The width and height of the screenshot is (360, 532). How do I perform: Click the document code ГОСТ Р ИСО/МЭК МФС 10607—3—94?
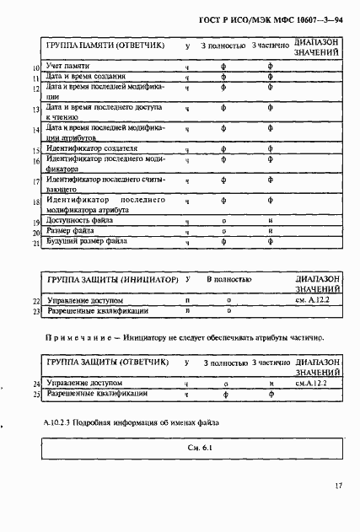click(281, 18)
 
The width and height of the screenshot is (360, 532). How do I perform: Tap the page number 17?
click(336, 486)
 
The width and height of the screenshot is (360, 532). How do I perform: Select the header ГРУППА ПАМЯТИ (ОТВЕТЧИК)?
click(105, 46)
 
